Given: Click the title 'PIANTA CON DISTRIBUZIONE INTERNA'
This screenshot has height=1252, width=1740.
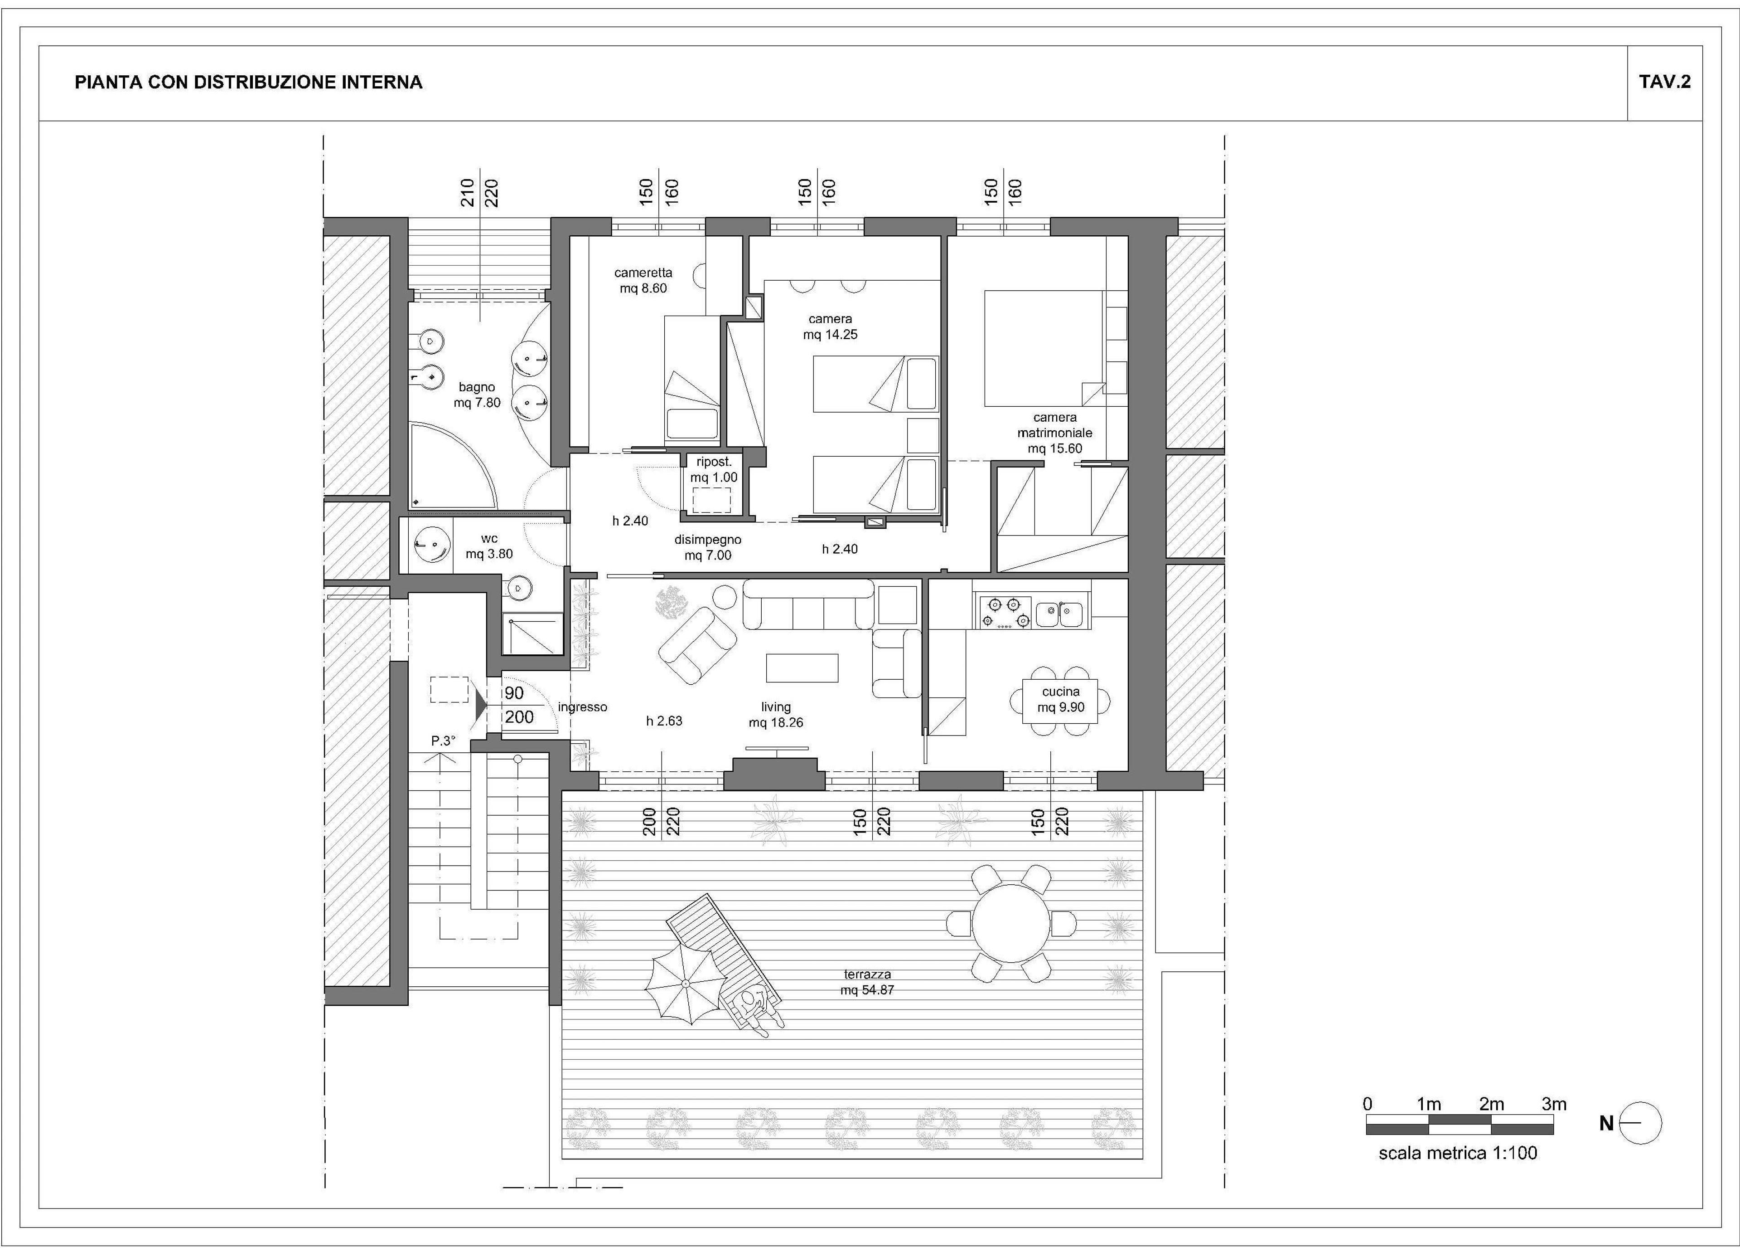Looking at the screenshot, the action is tap(249, 82).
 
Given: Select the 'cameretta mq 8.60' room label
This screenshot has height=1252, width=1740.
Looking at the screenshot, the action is tap(643, 280).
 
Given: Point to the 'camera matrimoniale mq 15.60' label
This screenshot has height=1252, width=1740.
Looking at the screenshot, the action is tap(1055, 433).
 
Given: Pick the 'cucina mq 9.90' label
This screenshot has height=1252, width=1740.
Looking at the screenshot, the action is tap(1061, 699).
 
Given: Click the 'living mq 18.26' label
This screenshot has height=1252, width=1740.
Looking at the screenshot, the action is tap(776, 715).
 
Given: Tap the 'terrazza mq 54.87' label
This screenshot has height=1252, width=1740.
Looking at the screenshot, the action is tap(867, 982).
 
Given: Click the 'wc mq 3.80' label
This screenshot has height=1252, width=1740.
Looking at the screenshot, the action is tap(489, 546).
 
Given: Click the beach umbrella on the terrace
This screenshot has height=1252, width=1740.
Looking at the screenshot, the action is tap(684, 984).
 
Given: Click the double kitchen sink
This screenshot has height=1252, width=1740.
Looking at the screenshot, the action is tap(1059, 614).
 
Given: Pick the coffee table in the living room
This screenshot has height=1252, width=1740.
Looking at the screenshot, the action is tap(802, 667).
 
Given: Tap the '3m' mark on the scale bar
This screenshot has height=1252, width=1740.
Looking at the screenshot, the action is tap(1554, 1104).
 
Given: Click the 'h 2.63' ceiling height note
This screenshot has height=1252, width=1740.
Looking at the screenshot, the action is tap(664, 721).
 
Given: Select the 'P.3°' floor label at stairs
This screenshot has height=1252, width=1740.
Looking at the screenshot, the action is tap(443, 741).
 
